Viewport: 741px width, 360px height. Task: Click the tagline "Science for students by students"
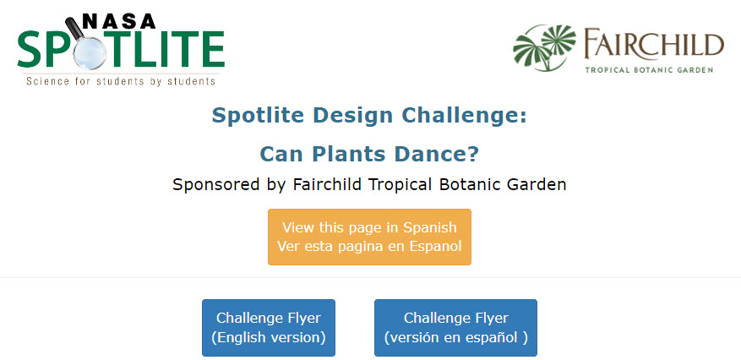tap(121, 81)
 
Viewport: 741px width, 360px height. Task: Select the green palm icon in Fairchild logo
tap(544, 47)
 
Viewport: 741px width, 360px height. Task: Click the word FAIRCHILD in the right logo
tap(654, 43)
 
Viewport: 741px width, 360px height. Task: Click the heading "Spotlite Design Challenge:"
tap(369, 115)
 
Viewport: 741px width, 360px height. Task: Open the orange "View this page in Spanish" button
tap(369, 237)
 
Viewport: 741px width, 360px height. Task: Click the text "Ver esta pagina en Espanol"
tap(369, 246)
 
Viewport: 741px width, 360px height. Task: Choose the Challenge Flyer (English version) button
tap(269, 327)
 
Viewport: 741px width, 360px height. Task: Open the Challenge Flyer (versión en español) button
tap(455, 327)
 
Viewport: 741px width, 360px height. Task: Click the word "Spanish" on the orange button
tap(429, 227)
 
